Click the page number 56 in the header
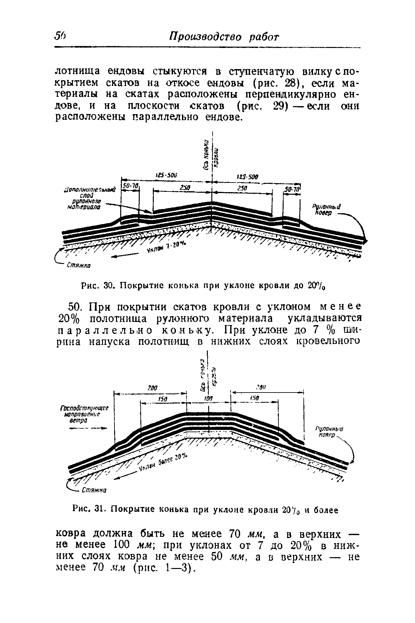pos(60,36)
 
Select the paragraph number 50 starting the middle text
pos(76,307)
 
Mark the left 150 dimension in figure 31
pos(164,399)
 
